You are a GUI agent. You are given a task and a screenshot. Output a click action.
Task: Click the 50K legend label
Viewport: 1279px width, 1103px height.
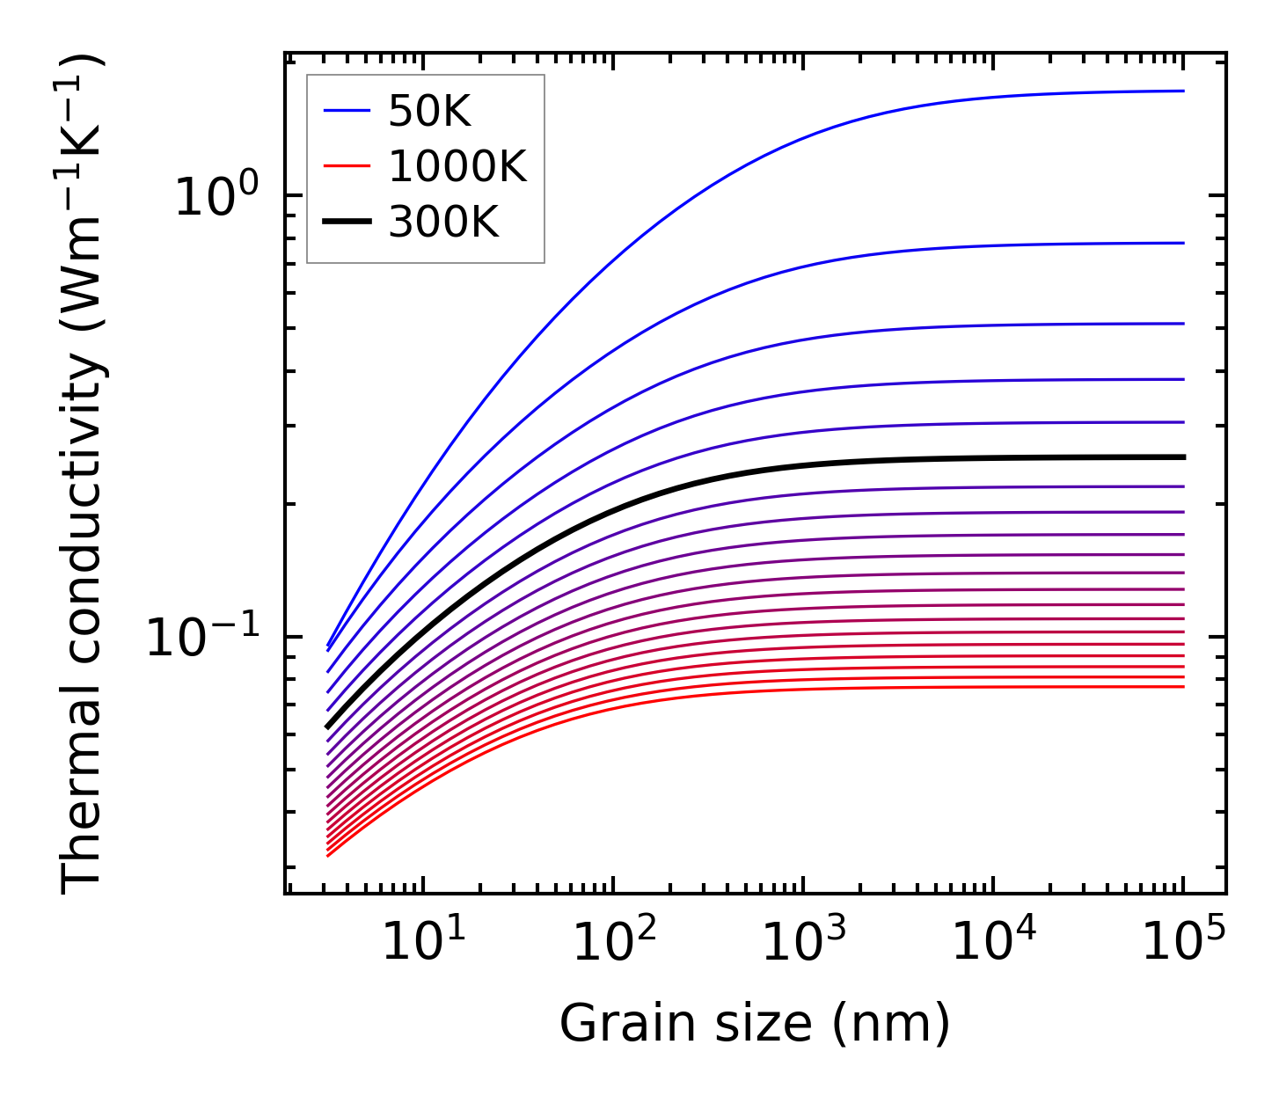[429, 112]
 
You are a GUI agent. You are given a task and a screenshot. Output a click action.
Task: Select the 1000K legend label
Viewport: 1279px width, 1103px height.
[457, 166]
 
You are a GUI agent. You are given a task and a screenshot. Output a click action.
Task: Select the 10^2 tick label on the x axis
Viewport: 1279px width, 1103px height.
[613, 943]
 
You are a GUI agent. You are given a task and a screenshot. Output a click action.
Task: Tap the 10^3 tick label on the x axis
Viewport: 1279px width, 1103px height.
[803, 943]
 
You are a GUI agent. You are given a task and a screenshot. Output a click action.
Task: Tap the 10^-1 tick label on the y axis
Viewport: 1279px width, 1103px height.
[204, 637]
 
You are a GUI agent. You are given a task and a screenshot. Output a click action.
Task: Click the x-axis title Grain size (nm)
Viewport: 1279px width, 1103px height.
[755, 1025]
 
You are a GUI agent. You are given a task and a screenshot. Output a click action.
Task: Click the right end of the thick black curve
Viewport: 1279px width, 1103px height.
[1184, 457]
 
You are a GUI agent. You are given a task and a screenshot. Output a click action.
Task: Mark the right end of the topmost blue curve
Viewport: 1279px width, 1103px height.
[1184, 91]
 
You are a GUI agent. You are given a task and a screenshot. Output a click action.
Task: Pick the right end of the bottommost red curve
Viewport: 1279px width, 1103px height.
[1184, 686]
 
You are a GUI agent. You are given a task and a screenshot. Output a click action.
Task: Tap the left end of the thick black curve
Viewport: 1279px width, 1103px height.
[327, 727]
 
